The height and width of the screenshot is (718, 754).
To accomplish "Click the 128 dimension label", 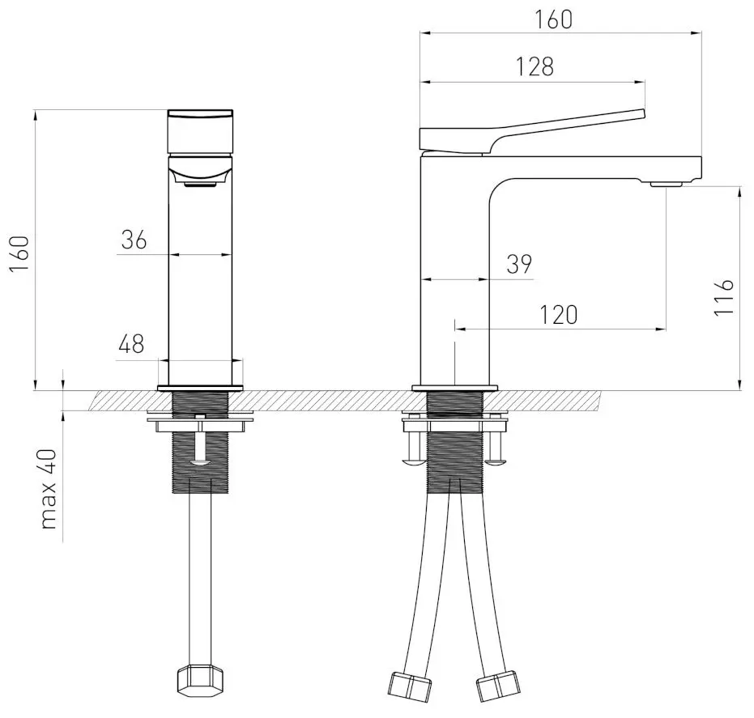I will click(x=536, y=67).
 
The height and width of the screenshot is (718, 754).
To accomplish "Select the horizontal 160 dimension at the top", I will click(x=554, y=19).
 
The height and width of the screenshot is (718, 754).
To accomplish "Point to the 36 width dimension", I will click(x=134, y=240).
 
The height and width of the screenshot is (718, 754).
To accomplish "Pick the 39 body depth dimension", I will click(x=518, y=265).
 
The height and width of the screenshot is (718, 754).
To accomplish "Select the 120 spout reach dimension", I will click(x=560, y=315).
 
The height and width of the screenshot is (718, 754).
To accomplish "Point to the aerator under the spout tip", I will click(x=667, y=185).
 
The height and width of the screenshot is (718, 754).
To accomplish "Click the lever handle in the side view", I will click(x=535, y=130).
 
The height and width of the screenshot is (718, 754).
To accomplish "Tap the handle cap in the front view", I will click(x=200, y=131).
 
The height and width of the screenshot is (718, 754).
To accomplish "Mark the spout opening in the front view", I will click(x=200, y=185).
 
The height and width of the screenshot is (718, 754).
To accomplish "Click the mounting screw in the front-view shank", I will click(x=199, y=441).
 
